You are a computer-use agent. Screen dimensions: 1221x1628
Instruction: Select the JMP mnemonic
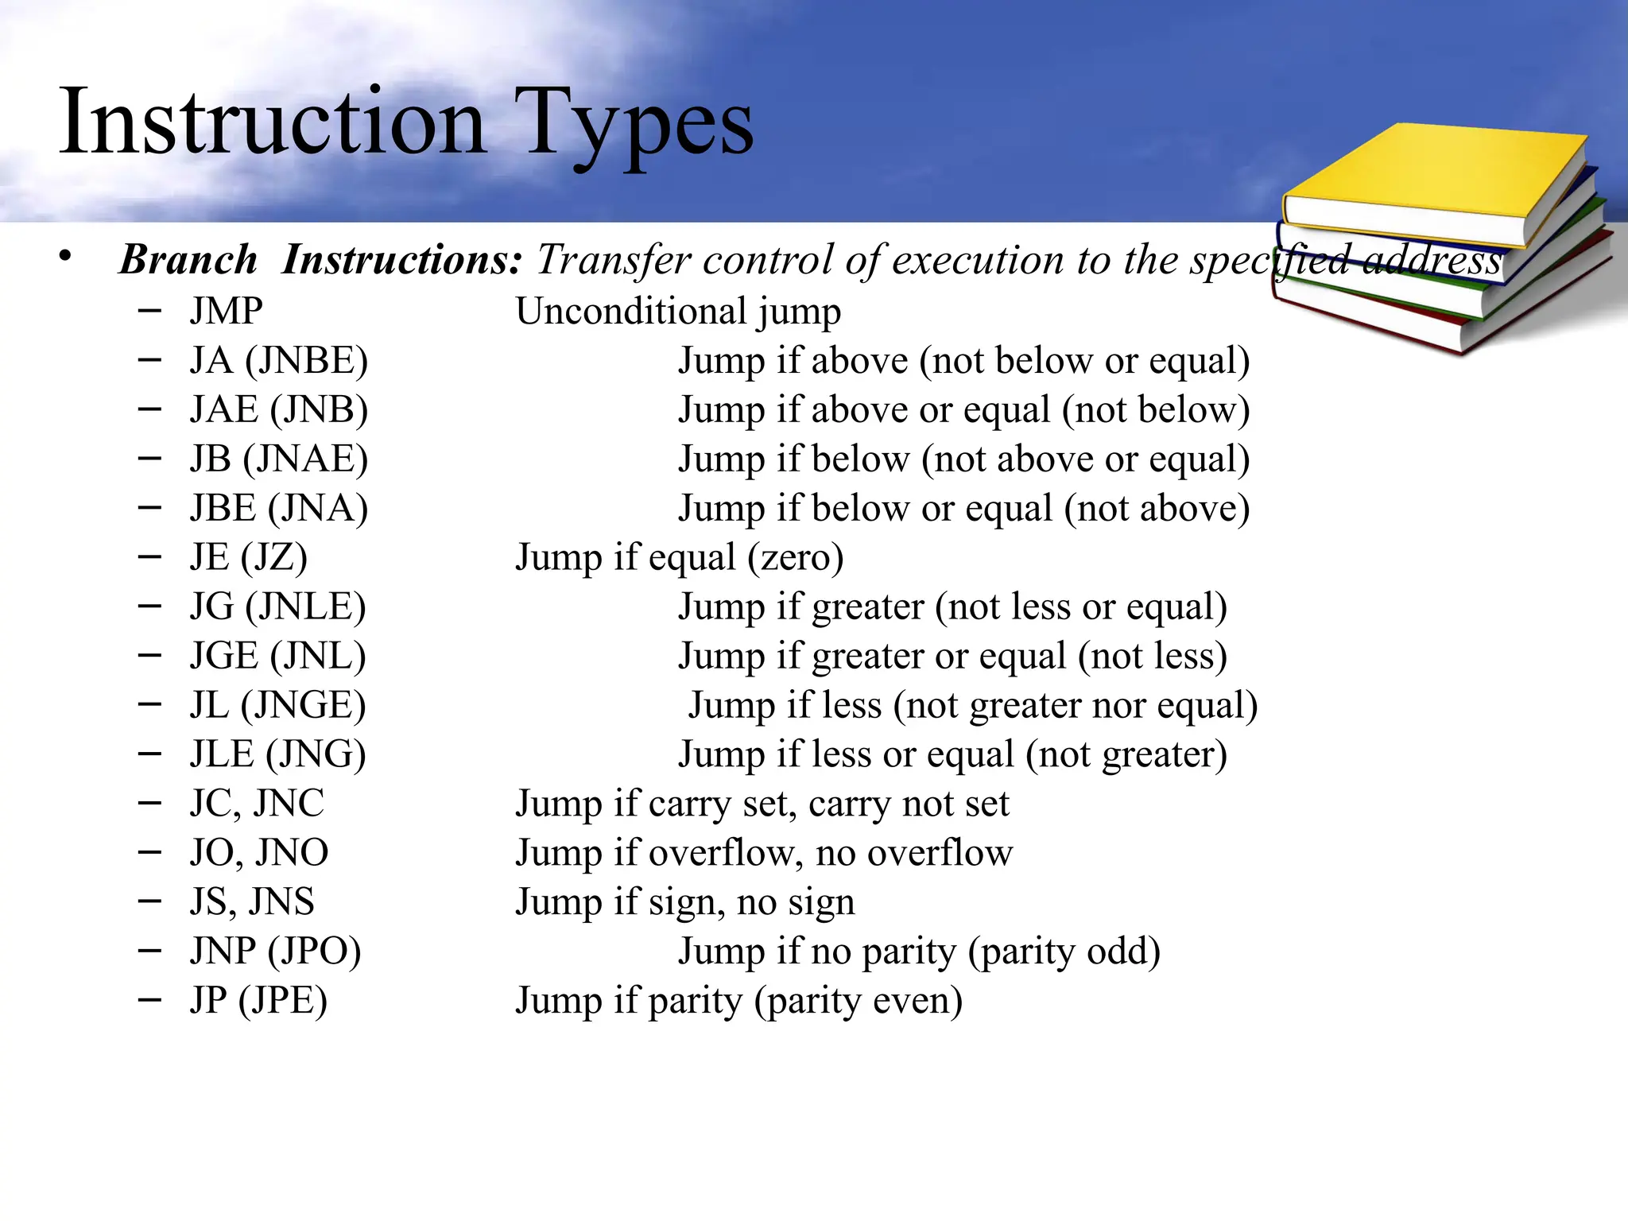(226, 311)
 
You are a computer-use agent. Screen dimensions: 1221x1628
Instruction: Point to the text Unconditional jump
(678, 312)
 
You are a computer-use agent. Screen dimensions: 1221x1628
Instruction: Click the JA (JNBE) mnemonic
(278, 361)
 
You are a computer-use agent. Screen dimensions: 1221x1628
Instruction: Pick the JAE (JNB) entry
(278, 410)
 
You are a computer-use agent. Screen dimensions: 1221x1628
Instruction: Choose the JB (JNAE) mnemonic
(278, 459)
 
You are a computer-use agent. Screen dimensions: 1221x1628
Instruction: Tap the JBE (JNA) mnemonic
(278, 509)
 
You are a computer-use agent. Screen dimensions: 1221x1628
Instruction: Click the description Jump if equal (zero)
(680, 557)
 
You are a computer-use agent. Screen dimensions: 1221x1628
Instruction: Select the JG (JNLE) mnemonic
(277, 607)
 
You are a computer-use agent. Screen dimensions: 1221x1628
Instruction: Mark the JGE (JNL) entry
(277, 657)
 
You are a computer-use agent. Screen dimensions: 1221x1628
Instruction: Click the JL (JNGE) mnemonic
(277, 706)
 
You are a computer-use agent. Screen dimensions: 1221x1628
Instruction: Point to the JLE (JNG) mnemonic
(277, 754)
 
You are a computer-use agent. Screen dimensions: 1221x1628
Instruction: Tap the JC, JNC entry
(257, 804)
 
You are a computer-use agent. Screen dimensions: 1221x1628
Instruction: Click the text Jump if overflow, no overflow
(764, 853)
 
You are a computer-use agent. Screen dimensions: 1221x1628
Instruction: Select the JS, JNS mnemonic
(252, 902)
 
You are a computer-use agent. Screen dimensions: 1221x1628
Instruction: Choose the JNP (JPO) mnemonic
(275, 952)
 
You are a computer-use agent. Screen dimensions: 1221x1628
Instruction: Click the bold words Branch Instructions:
(320, 260)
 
